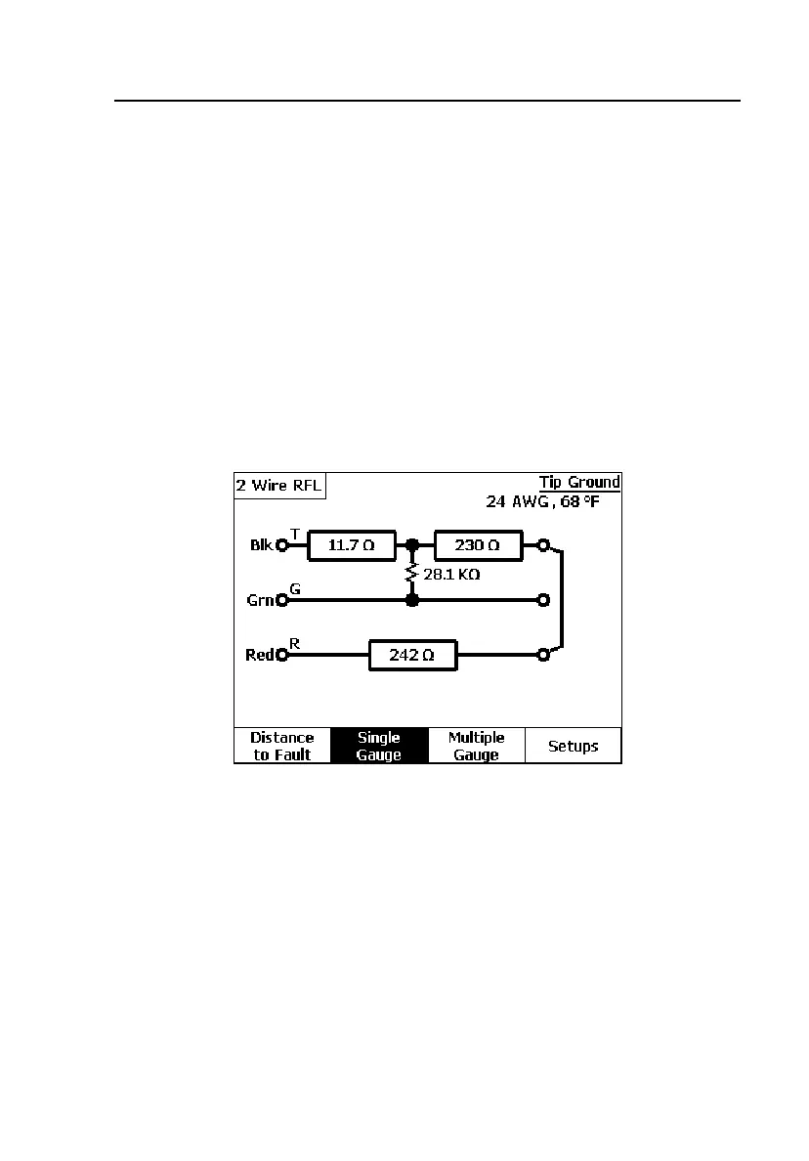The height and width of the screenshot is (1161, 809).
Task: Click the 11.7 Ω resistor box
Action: tap(350, 545)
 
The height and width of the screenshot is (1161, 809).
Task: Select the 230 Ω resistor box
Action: tap(478, 545)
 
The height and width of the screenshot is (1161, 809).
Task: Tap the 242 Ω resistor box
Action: tap(412, 656)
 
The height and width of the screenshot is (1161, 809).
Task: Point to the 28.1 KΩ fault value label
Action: tap(450, 576)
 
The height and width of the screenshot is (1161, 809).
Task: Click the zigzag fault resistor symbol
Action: tap(412, 572)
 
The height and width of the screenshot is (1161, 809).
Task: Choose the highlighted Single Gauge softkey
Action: tap(379, 746)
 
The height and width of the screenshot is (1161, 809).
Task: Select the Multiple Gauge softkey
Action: tap(477, 746)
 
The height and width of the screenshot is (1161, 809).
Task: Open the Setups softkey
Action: tap(573, 746)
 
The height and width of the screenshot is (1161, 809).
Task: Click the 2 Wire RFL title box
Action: tap(278, 486)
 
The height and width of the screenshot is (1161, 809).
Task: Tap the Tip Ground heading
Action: tap(579, 483)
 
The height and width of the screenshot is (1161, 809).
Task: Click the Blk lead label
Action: tap(261, 545)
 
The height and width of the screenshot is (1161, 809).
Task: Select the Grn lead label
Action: tap(260, 600)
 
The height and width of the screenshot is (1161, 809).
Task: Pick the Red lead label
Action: tap(260, 655)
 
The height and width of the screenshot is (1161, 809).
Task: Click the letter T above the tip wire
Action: tap(294, 533)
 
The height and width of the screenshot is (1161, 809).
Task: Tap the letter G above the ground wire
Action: tap(294, 588)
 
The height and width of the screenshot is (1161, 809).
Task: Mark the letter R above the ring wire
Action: tap(294, 643)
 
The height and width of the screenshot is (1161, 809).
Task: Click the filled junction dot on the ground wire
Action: tap(412, 600)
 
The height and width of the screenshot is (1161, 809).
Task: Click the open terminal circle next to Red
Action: tap(281, 656)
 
